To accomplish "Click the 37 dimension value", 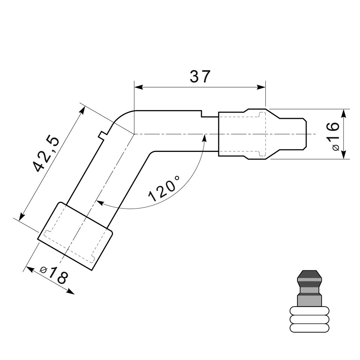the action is pos(200,76).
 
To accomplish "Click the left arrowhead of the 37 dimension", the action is pos(139,87).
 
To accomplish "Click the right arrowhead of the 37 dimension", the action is pos(261,87).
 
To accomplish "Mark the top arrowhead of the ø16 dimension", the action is pos(343,114).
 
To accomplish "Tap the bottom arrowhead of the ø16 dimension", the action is pos(343,154).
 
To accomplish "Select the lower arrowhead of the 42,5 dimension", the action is pos(21,216).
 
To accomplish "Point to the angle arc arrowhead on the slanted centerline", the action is pos(101,202).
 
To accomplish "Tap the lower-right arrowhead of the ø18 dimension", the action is pos(70,291).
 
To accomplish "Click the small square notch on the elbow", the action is pos(102,135).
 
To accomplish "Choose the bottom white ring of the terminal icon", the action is pos(309,328).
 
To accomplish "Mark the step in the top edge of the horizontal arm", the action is pos(201,114).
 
